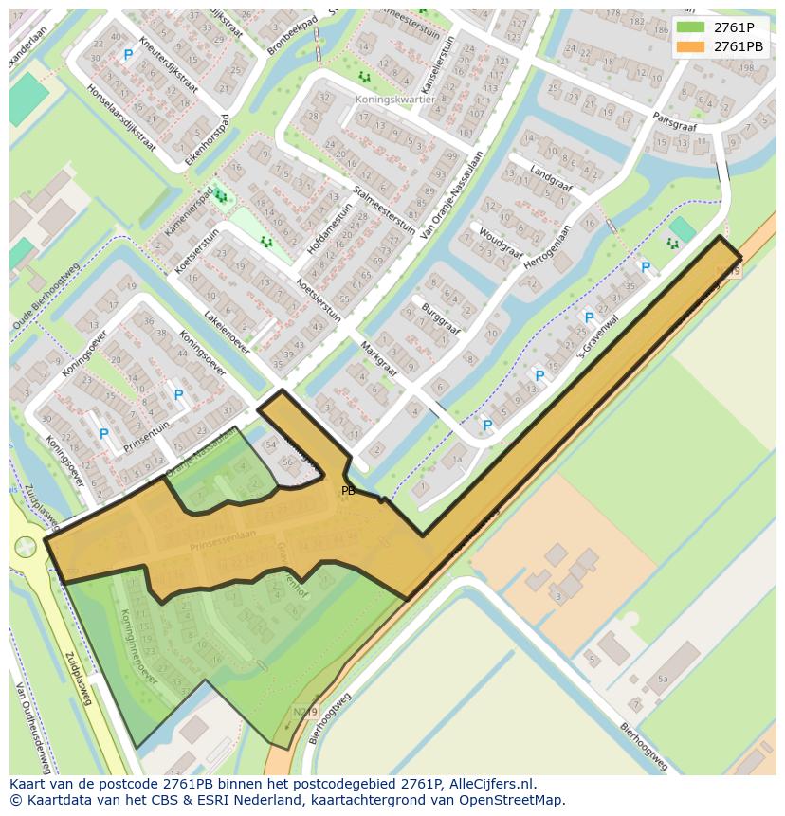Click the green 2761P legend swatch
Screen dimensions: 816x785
tap(691, 27)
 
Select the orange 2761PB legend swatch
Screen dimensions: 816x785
tap(691, 46)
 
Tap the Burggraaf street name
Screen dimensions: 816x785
tap(441, 313)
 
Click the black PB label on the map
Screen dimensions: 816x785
tap(348, 491)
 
